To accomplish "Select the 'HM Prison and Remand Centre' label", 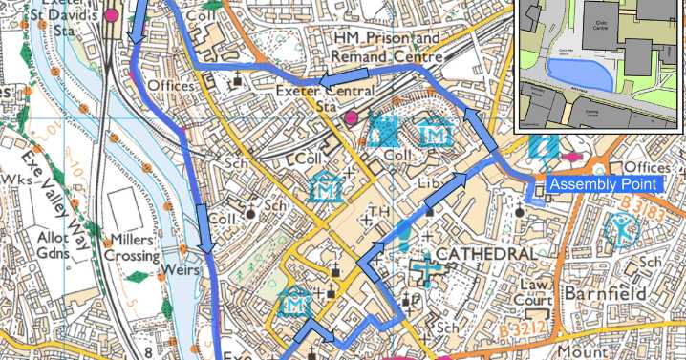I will click(386, 47).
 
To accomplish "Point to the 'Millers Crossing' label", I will click(133, 248).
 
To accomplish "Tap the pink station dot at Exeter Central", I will click(351, 117).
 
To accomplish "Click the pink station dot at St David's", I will click(111, 14).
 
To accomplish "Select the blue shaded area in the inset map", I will click(577, 71).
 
